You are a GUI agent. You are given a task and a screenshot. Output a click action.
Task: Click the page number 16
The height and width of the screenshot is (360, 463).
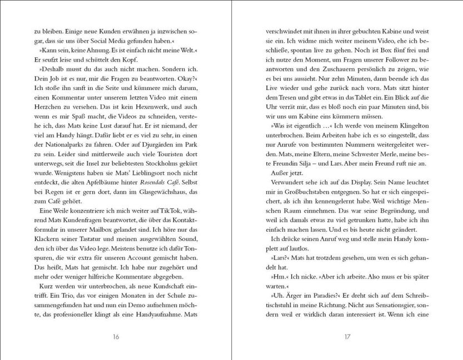point(115,336)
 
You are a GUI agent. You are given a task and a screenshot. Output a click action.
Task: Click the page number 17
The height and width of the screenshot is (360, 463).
point(347,336)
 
